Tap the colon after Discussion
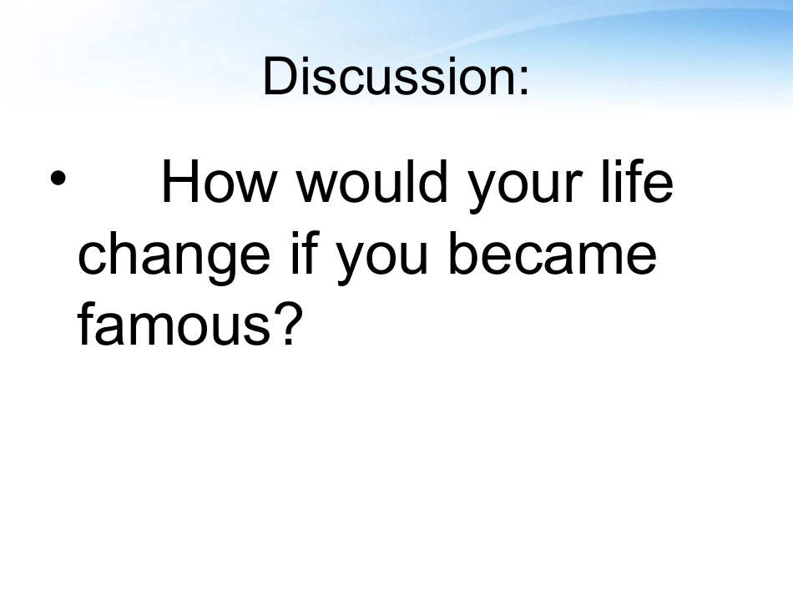pos(524,80)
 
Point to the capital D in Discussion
pos(279,76)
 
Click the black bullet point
pos(58,178)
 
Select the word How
pos(219,181)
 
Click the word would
pos(371,181)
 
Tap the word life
pos(637,181)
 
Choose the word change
pos(174,259)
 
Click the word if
pos(305,252)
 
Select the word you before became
pos(381,260)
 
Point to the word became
pos(553,252)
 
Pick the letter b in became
pos(465,253)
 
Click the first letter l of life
pos(604,181)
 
